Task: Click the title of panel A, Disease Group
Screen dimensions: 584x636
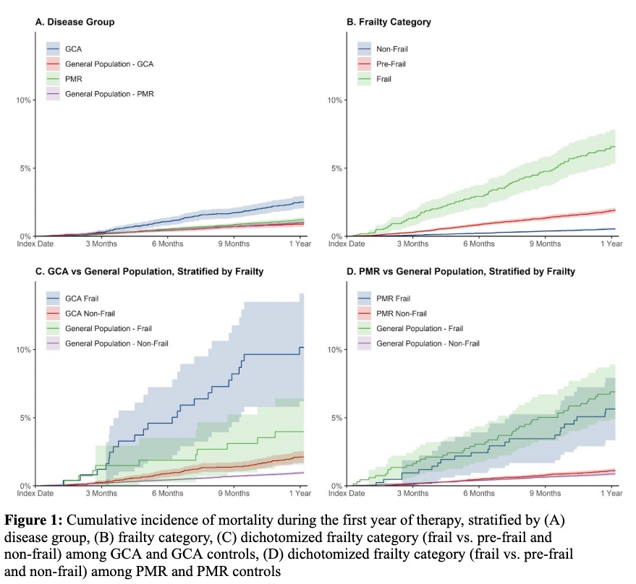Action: pos(75,22)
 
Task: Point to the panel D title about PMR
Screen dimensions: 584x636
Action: pos(451,272)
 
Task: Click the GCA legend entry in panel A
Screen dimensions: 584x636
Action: pos(73,48)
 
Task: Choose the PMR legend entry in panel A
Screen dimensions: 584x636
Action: pos(74,79)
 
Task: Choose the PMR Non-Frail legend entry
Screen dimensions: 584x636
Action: pos(400,313)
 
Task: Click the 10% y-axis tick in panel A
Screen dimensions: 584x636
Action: pos(22,100)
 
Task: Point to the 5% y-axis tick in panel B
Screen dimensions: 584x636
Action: pos(333,168)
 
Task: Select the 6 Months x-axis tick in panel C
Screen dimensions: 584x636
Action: pos(166,494)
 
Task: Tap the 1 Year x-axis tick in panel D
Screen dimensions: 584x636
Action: pos(611,494)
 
